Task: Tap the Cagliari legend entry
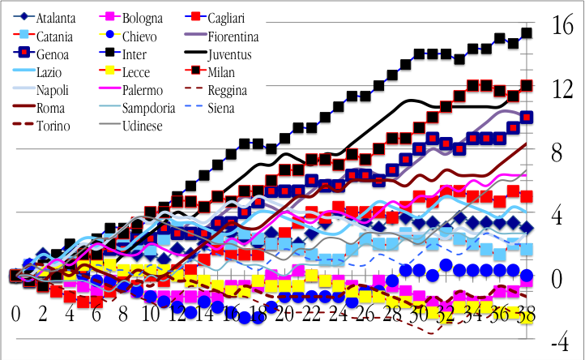pos(234,17)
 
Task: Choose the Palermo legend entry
pos(146,89)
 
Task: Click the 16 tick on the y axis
pos(562,25)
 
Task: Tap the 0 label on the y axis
pos(557,278)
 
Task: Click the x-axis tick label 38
pos(525,313)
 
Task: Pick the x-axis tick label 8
pos(123,313)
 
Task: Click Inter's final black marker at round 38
pos(526,33)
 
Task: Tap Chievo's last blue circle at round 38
pos(526,276)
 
